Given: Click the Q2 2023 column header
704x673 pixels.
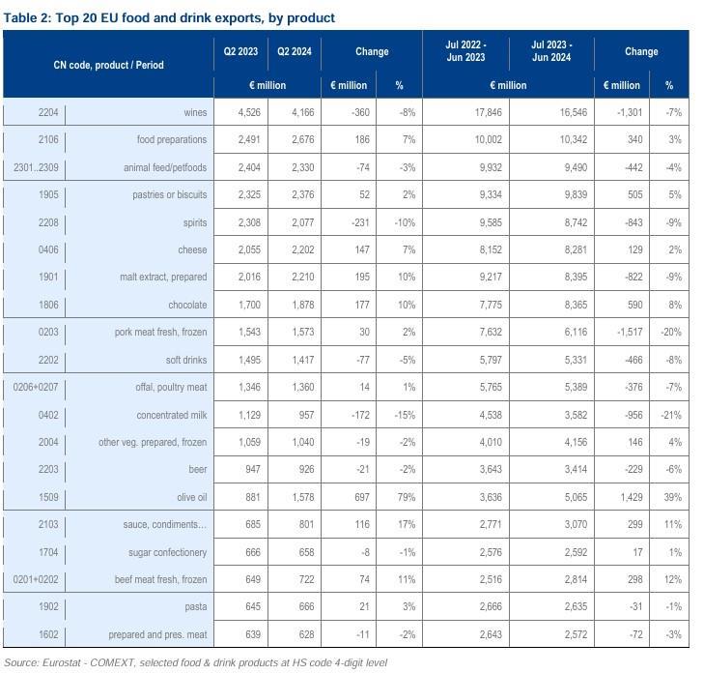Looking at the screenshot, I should coord(240,51).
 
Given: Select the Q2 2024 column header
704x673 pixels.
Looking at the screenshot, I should coord(294,51).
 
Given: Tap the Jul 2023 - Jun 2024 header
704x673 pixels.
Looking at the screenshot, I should coord(551,51).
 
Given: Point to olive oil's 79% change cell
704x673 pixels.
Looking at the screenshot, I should coord(405,498).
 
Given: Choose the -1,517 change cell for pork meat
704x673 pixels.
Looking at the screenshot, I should coord(621,333).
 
